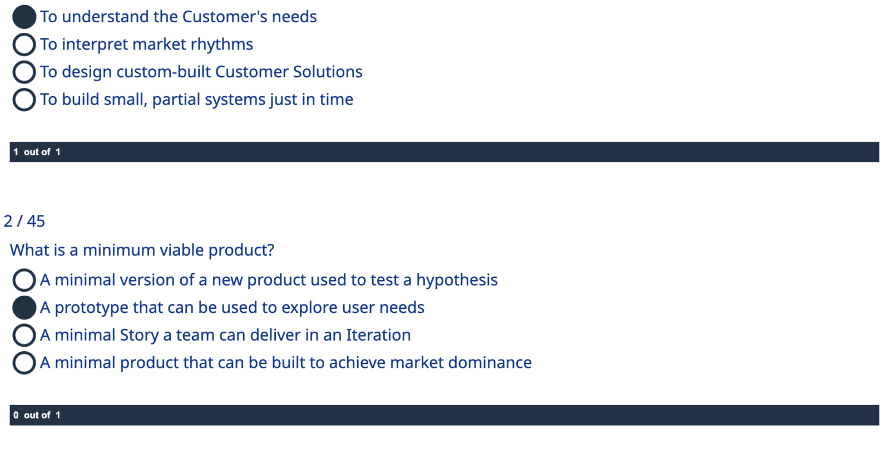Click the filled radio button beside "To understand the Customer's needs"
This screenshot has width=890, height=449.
pos(24,17)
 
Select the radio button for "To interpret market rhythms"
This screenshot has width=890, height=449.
pos(24,44)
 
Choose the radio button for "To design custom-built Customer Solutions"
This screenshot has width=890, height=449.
pos(24,72)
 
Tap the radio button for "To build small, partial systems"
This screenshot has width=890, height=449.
pos(24,99)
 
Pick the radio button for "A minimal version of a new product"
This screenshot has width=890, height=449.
pos(24,280)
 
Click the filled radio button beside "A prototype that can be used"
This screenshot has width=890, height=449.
pos(24,308)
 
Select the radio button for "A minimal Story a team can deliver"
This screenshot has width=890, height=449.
pos(24,335)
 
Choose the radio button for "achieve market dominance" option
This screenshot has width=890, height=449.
pos(24,363)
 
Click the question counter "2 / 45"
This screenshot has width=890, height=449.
pos(24,221)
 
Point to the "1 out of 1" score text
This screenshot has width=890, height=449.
pos(37,152)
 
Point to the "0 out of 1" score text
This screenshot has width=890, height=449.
pos(37,415)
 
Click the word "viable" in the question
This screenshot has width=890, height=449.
pos(183,250)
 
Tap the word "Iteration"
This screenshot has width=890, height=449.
pos(378,335)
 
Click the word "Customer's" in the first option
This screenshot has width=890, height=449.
pos(225,17)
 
